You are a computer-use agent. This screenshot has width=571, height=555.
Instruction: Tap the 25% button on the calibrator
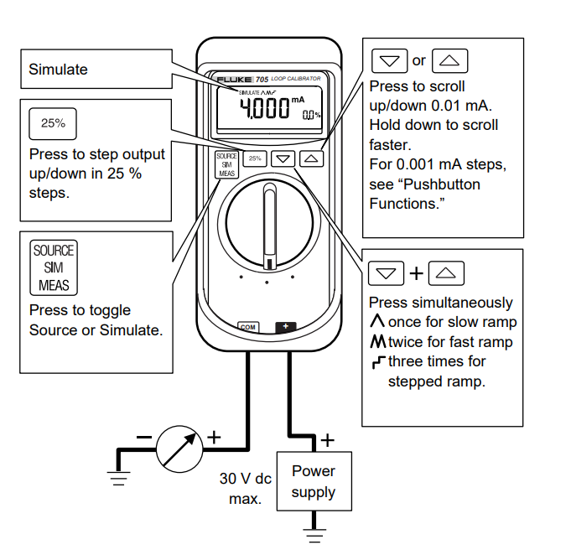tap(256, 157)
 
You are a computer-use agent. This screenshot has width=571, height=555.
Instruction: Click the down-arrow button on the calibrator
tap(284, 157)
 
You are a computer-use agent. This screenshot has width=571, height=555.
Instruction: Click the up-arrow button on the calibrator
tap(311, 157)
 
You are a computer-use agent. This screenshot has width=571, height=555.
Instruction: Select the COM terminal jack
tap(247, 327)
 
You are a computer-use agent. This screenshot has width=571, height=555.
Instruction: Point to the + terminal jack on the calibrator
tap(285, 327)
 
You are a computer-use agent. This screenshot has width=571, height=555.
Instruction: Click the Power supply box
tap(313, 483)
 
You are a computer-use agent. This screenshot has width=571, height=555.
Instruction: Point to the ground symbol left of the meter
tap(119, 479)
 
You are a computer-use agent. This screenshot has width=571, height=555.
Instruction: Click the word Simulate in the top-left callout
tap(58, 70)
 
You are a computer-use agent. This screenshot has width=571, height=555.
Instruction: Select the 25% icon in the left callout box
tap(53, 123)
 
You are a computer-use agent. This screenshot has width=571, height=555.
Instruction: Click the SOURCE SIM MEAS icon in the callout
tap(53, 267)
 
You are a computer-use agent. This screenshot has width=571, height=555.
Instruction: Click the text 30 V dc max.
tap(245, 489)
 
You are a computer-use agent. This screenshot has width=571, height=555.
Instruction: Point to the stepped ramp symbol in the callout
tap(377, 362)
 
